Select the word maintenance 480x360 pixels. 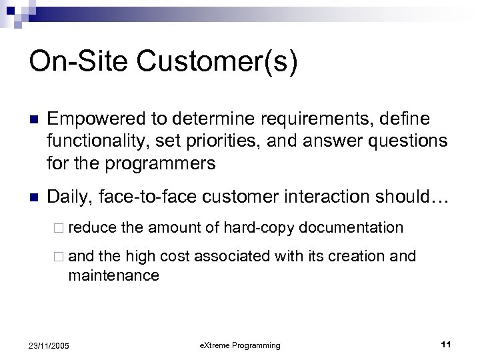click(x=114, y=275)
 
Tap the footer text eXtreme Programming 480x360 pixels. click(x=240, y=345)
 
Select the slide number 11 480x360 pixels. click(x=446, y=345)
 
